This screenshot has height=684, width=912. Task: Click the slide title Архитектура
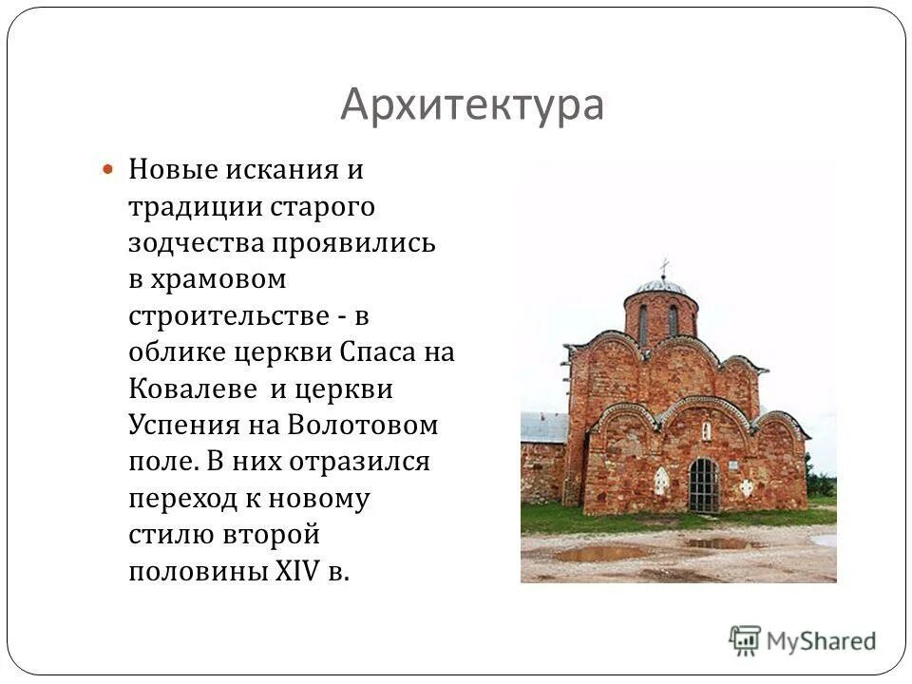(x=472, y=104)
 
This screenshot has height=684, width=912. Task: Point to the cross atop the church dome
(x=664, y=265)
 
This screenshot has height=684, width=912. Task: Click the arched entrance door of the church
(x=704, y=484)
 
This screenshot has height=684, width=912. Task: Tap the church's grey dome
(x=661, y=285)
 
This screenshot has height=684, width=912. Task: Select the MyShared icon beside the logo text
(x=745, y=639)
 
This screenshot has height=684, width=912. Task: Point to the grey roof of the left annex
(x=543, y=427)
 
